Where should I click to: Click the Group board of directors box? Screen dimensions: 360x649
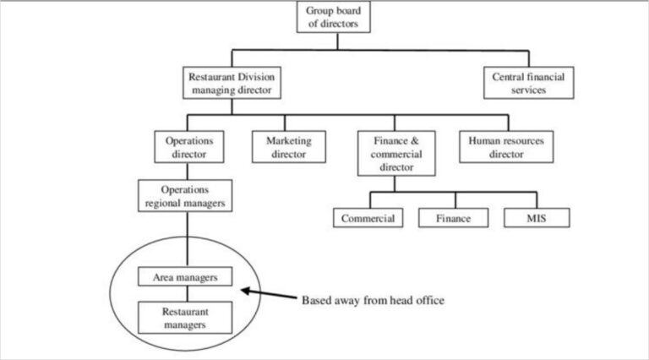[334, 17]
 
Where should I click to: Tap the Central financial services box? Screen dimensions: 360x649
[528, 82]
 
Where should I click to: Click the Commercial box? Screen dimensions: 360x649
[368, 217]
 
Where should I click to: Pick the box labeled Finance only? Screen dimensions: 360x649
[454, 217]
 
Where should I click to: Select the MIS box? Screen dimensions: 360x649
[536, 217]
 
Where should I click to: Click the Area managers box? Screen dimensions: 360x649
[184, 276]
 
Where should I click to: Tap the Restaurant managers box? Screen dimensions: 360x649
[184, 317]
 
